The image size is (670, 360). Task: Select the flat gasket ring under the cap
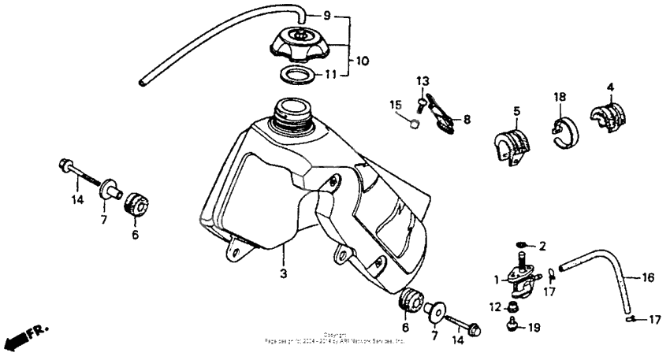pyautogui.click(x=298, y=76)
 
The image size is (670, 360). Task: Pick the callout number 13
pyautogui.click(x=423, y=81)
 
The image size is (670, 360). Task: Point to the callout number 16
pyautogui.click(x=647, y=277)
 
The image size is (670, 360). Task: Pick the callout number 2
pyautogui.click(x=542, y=246)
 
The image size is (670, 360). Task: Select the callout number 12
pyautogui.click(x=494, y=306)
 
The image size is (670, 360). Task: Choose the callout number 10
pyautogui.click(x=361, y=60)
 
